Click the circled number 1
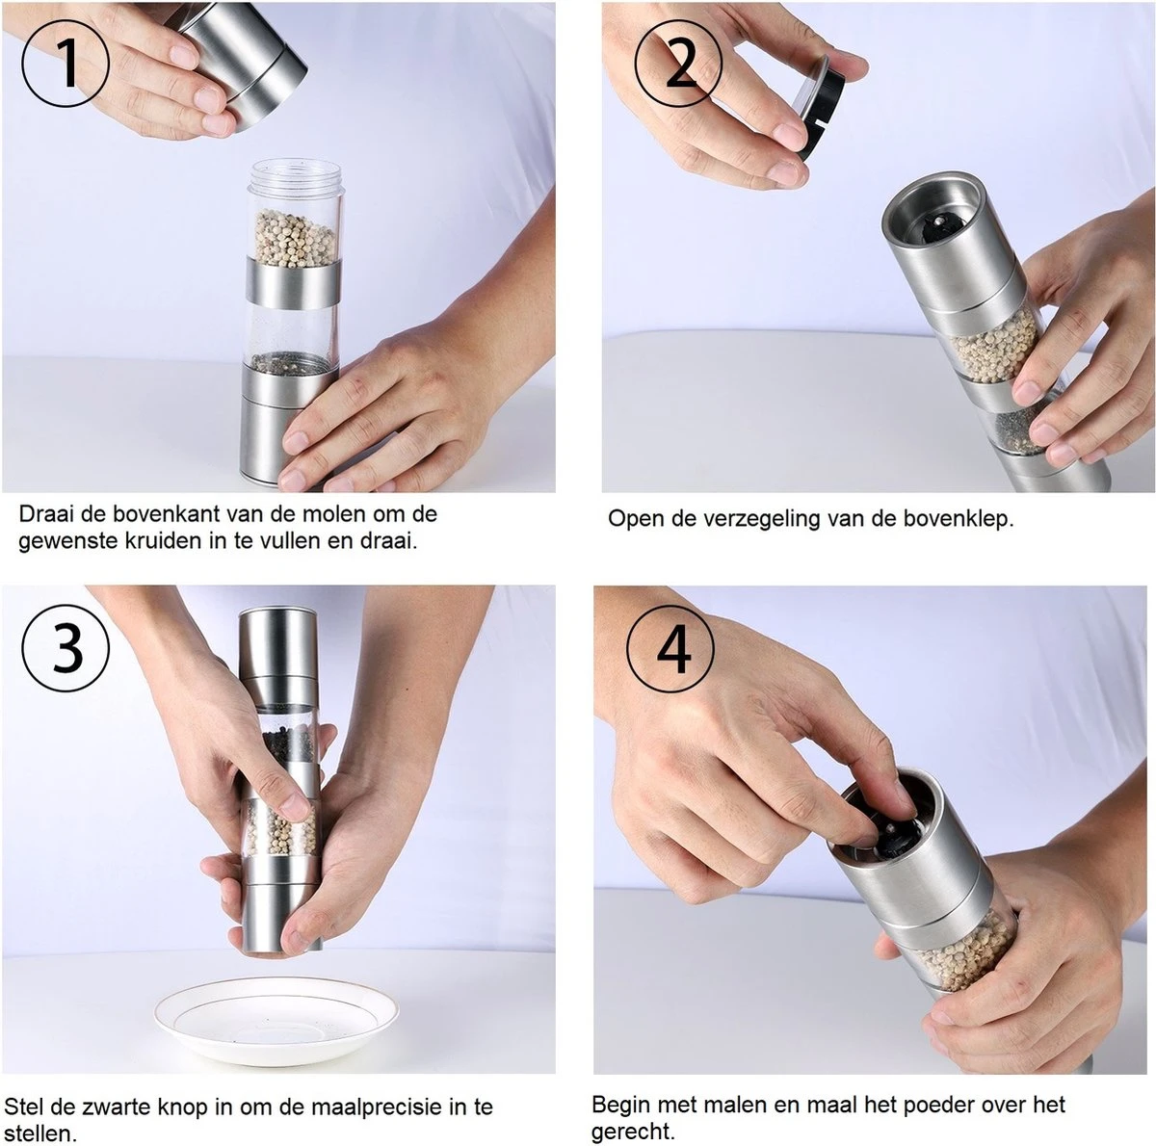[66, 65]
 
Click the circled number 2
[678, 65]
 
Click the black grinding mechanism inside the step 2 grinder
[937, 230]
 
